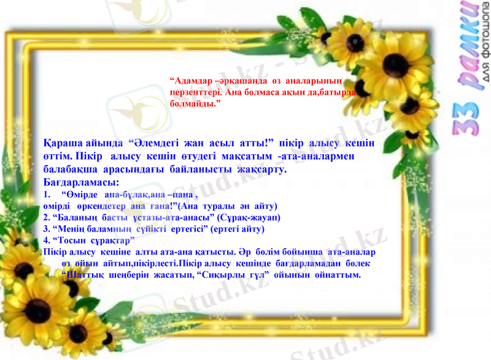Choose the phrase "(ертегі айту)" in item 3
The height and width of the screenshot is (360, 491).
pyautogui.click(x=239, y=229)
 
